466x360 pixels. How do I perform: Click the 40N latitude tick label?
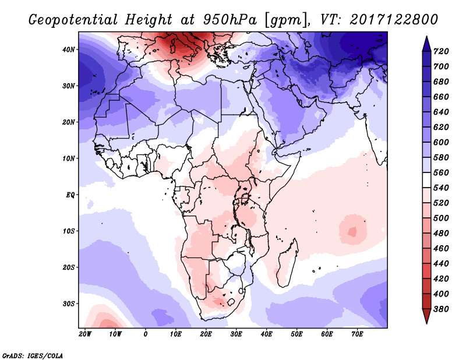69,50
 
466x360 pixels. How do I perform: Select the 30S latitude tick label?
69,303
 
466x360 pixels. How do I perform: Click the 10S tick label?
69,231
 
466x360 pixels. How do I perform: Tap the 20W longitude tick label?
85,334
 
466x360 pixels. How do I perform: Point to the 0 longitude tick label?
146,334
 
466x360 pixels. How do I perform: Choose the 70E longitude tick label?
357,334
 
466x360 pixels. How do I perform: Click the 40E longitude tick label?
266,334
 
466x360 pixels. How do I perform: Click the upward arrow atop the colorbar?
426,42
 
